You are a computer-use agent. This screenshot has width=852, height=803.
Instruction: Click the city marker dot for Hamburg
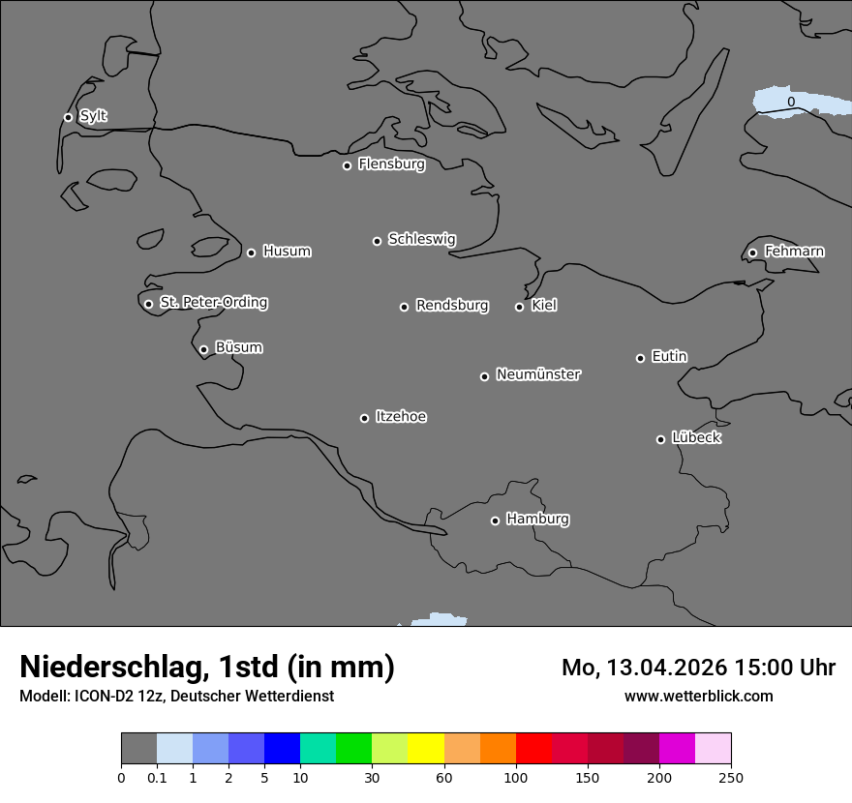(x=495, y=520)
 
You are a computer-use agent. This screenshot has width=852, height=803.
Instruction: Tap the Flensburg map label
(x=391, y=164)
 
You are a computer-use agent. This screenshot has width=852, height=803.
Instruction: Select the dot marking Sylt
(x=68, y=117)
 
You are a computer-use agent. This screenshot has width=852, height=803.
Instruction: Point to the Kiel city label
(x=544, y=306)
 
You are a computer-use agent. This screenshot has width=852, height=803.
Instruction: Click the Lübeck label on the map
(x=696, y=438)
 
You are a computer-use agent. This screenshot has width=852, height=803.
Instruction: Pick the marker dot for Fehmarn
(x=752, y=253)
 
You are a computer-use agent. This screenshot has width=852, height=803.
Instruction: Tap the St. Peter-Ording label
(x=214, y=303)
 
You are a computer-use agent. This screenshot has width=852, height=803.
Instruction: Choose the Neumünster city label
(x=538, y=374)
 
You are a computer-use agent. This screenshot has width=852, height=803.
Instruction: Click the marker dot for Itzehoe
(x=364, y=418)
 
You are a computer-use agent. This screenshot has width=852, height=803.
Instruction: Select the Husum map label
(x=287, y=252)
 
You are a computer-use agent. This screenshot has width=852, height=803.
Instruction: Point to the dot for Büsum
(x=203, y=349)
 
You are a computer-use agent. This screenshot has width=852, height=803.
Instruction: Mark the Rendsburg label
(x=452, y=306)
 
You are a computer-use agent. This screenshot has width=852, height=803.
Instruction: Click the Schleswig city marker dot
(x=377, y=241)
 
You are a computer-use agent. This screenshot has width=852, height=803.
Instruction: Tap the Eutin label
(x=669, y=357)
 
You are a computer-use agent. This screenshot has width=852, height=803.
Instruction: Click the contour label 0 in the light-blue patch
(x=791, y=102)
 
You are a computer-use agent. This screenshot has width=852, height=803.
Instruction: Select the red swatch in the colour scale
(x=533, y=749)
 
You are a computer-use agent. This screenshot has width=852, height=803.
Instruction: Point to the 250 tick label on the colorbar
(x=730, y=778)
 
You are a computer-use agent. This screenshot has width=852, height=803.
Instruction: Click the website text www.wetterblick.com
(x=699, y=696)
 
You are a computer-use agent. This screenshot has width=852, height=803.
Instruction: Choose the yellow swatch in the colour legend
(x=426, y=749)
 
